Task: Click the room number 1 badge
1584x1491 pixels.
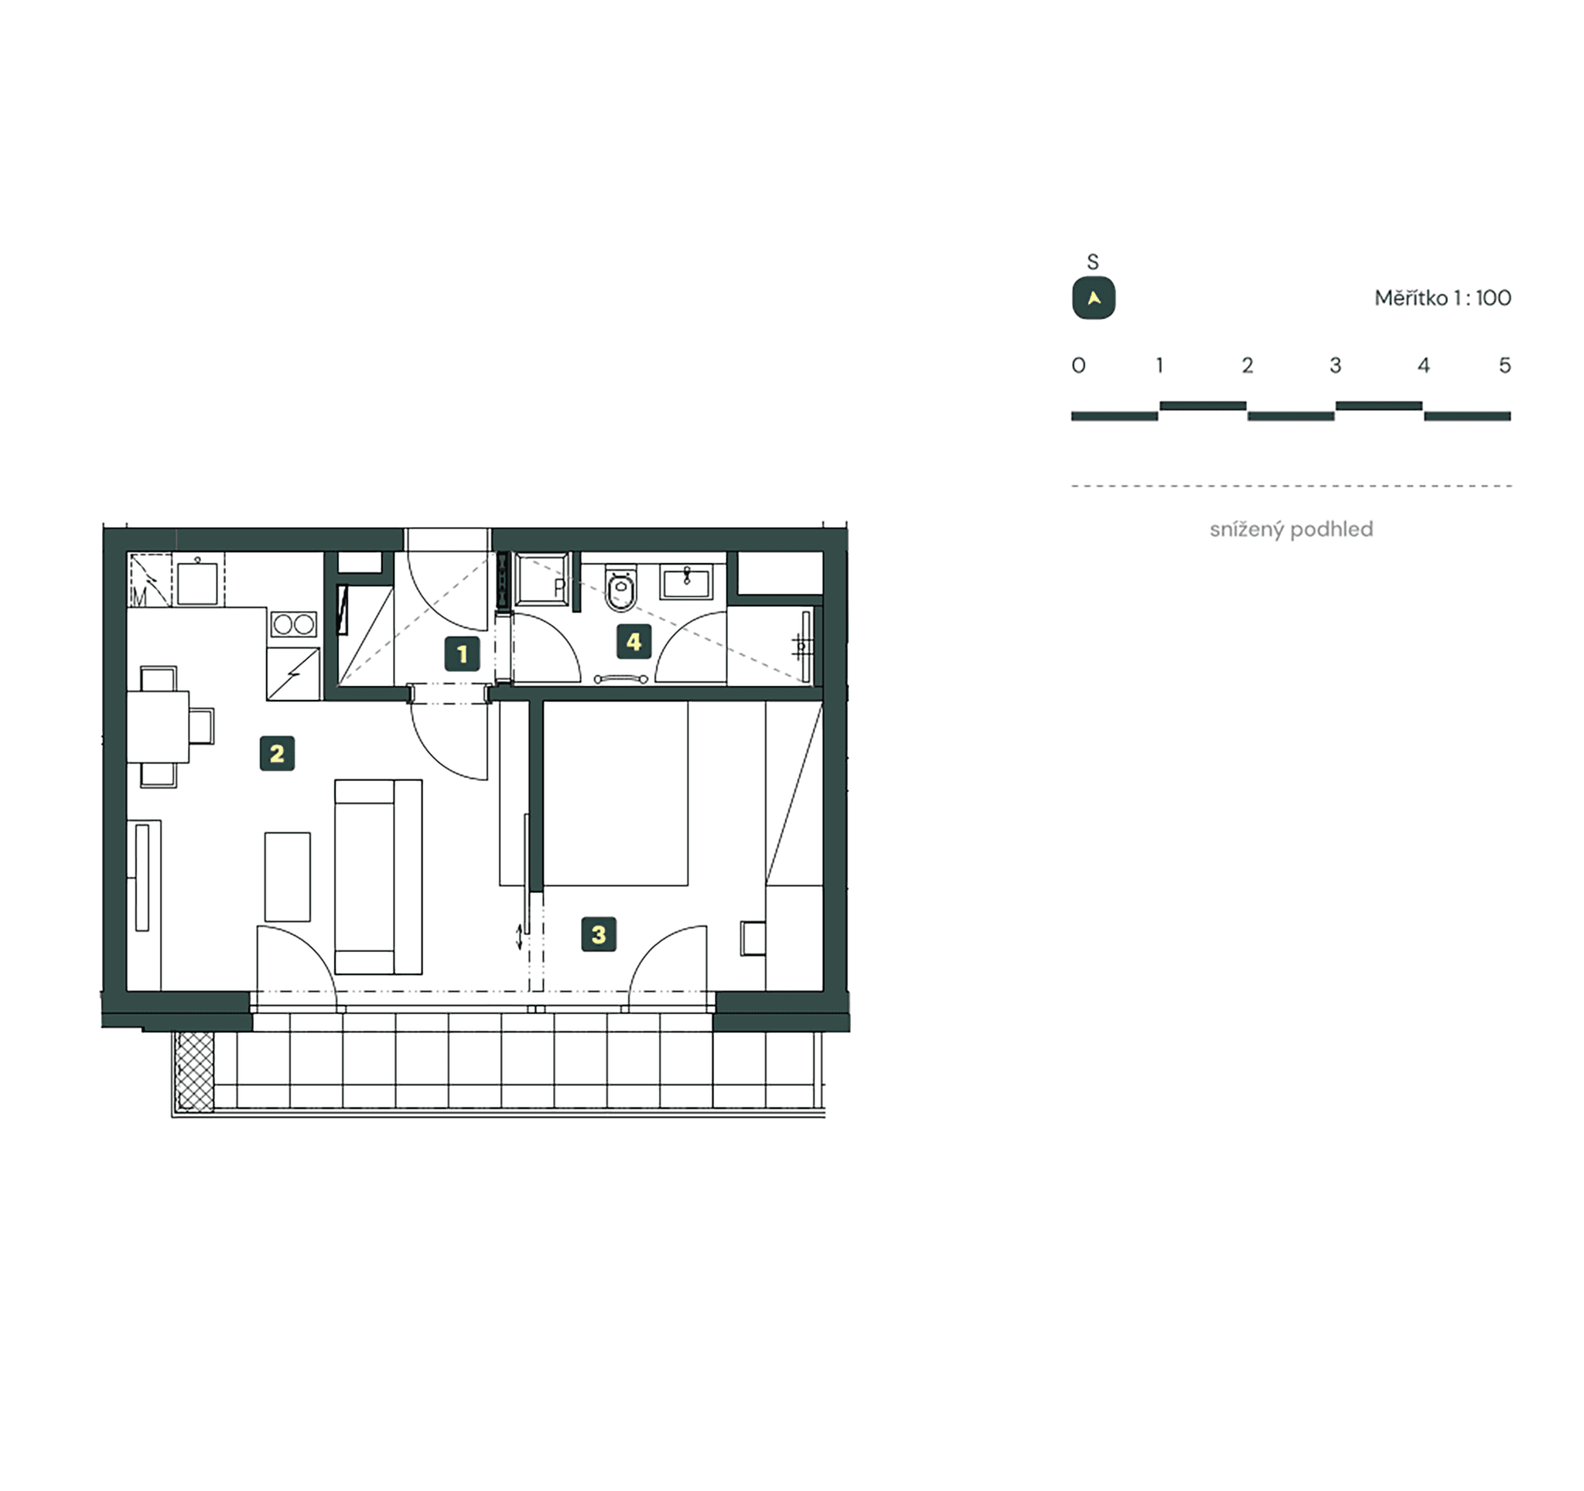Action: [x=463, y=655]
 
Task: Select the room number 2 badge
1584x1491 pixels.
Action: [x=278, y=753]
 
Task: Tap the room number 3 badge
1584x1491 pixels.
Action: [x=599, y=934]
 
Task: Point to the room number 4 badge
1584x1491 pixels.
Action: [x=634, y=641]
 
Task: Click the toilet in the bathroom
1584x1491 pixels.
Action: [x=621, y=589]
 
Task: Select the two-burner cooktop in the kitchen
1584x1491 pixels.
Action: [x=294, y=624]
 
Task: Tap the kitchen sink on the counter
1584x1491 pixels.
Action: [x=196, y=583]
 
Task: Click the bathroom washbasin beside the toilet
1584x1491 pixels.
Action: [x=686, y=582]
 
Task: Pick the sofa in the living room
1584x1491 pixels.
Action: [x=377, y=876]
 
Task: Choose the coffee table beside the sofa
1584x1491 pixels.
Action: [x=288, y=876]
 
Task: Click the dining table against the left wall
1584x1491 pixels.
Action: [x=158, y=727]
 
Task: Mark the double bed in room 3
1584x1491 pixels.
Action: [x=615, y=793]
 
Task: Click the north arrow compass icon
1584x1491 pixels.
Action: [x=1094, y=299]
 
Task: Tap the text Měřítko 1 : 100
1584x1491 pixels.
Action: [x=1442, y=298]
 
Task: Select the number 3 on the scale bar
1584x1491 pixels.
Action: [x=1336, y=366]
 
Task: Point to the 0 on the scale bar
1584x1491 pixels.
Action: [x=1079, y=366]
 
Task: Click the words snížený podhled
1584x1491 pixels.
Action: [x=1291, y=530]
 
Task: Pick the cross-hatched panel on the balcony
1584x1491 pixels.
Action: [x=195, y=1071]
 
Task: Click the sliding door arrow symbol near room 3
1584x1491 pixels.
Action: [x=520, y=936]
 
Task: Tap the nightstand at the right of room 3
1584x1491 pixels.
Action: [x=753, y=938]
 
